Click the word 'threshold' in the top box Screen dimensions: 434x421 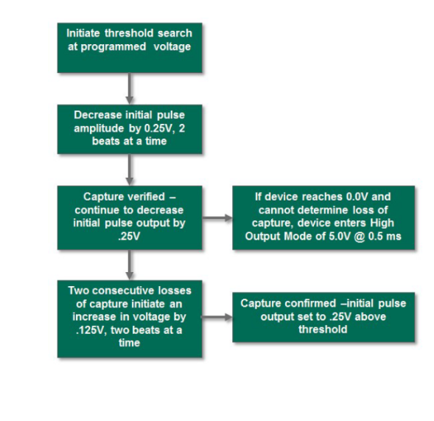129,33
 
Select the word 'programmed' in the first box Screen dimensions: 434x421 113,46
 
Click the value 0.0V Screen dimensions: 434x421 357,197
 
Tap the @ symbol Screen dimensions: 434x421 360,237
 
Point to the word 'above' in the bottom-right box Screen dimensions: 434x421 370,317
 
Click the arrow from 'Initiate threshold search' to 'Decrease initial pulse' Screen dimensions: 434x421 129,88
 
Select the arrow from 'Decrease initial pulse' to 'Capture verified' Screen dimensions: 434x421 129,170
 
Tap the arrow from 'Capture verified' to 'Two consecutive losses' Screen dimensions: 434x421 129,265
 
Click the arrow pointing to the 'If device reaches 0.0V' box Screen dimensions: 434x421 217,218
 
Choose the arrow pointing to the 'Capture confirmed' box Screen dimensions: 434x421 217,317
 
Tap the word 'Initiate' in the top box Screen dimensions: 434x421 83,33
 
